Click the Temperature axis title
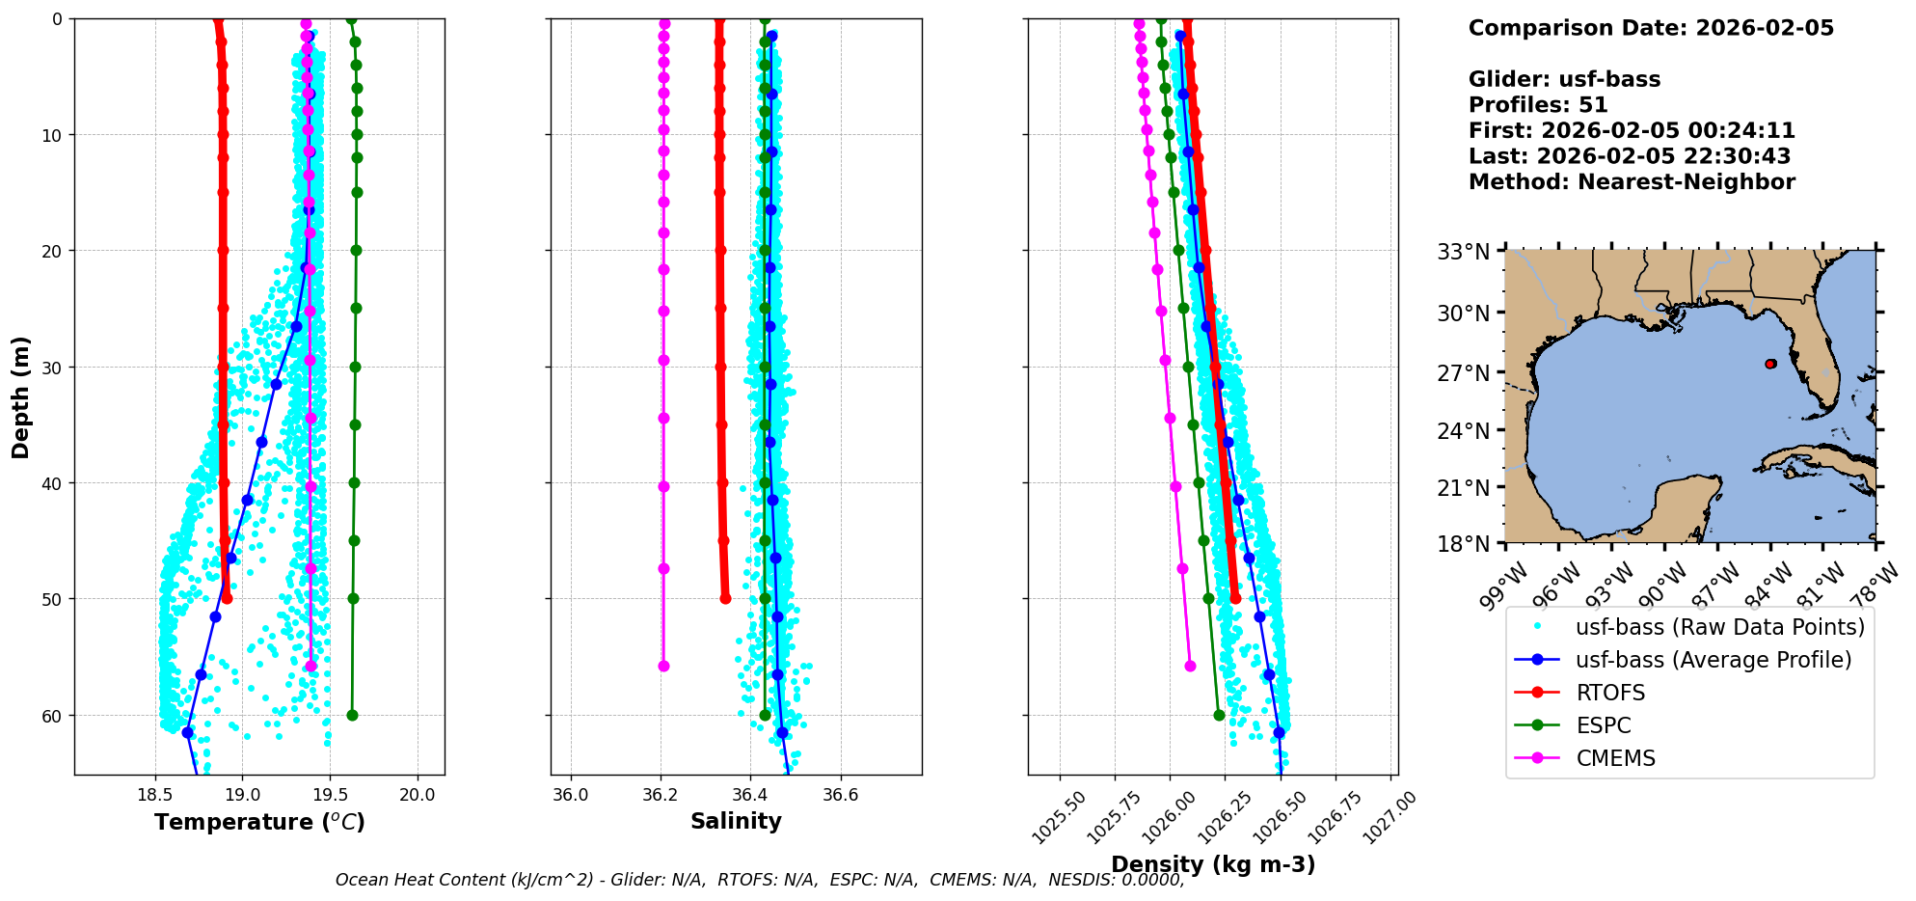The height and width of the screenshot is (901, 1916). click(x=259, y=822)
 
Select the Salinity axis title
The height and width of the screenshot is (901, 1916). click(x=736, y=821)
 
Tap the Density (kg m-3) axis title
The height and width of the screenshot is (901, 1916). click(x=1213, y=864)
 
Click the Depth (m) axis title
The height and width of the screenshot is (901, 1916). click(x=21, y=396)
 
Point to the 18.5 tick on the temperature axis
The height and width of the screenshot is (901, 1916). click(x=154, y=796)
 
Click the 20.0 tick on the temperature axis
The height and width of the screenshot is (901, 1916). click(x=418, y=796)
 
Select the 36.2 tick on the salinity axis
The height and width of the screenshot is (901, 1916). click(x=661, y=796)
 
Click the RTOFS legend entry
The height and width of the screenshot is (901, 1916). click(x=1610, y=693)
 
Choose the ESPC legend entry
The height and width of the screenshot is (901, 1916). click(x=1604, y=725)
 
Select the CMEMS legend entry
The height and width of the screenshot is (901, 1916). click(x=1615, y=758)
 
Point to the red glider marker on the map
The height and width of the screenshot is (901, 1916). click(x=1770, y=364)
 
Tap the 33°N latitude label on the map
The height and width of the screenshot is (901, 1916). click(x=1464, y=253)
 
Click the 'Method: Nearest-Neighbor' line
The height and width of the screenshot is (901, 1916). click(x=1631, y=182)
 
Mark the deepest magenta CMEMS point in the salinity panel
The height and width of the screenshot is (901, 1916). click(x=663, y=666)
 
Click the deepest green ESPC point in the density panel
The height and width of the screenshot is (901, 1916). click(x=1219, y=715)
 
